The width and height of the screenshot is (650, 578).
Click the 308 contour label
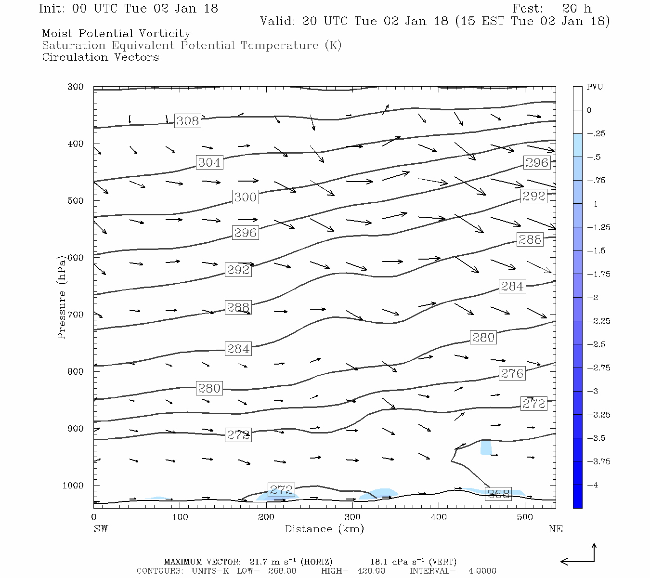pyautogui.click(x=187, y=121)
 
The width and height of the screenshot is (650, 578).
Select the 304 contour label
pyautogui.click(x=209, y=162)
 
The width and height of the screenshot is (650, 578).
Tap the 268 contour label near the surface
pyautogui.click(x=498, y=494)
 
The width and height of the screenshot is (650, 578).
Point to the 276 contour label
pyautogui.click(x=512, y=373)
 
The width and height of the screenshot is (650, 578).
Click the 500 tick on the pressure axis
pyautogui.click(x=75, y=201)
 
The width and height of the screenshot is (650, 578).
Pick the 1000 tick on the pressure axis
pyautogui.click(x=73, y=486)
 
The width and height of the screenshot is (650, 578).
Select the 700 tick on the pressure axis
pyautogui.click(x=75, y=315)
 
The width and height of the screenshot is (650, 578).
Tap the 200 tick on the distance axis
pyautogui.click(x=266, y=517)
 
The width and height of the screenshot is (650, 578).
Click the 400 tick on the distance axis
pyautogui.click(x=439, y=517)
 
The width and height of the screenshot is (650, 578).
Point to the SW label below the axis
pyautogui.click(x=101, y=529)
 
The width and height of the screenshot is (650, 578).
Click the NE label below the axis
pyautogui.click(x=555, y=529)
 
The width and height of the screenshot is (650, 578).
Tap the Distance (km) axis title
pyautogui.click(x=324, y=529)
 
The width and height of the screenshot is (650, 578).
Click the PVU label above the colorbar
pyautogui.click(x=595, y=87)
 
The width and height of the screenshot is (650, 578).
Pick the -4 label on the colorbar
pyautogui.click(x=593, y=485)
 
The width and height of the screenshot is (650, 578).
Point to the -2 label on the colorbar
pyautogui.click(x=593, y=298)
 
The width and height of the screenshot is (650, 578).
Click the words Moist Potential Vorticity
pyautogui.click(x=116, y=34)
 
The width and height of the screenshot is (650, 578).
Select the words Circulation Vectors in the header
pyautogui.click(x=100, y=57)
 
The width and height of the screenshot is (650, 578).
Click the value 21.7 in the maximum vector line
pyautogui.click(x=258, y=562)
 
